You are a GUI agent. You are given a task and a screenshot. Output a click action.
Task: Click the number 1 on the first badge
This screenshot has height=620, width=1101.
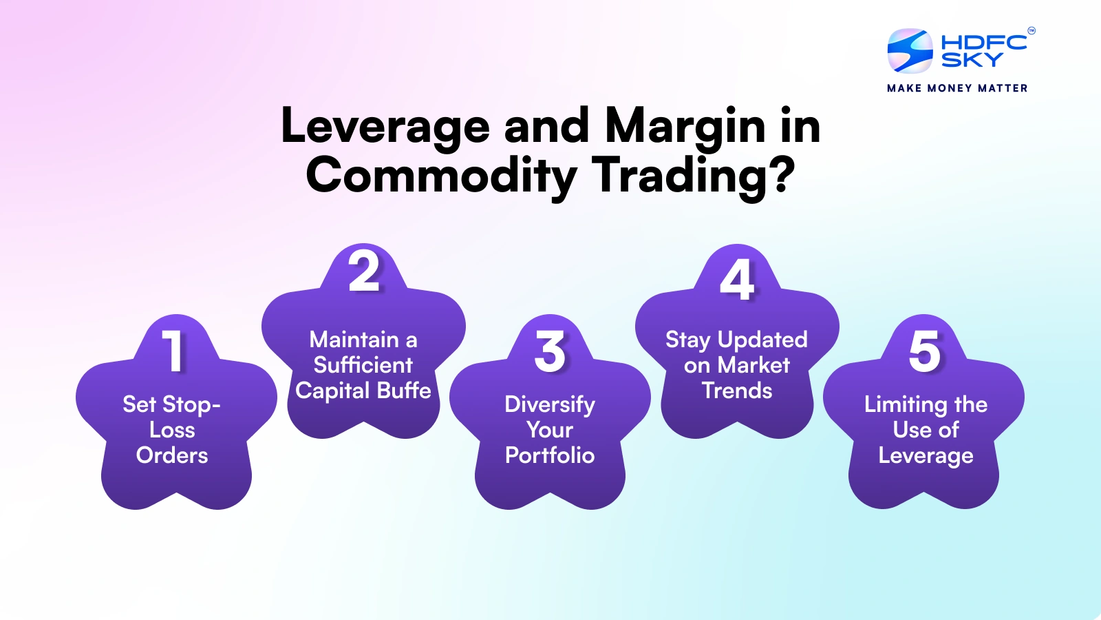pos(173,351)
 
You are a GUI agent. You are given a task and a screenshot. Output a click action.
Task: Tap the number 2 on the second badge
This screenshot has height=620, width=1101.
pos(363,271)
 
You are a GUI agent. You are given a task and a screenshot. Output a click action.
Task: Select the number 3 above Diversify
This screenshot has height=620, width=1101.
pos(550,351)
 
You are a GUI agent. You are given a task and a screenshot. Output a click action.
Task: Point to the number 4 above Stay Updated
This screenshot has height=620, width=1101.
pos(737,280)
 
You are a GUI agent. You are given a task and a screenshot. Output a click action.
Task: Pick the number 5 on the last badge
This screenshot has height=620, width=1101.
pos(924,351)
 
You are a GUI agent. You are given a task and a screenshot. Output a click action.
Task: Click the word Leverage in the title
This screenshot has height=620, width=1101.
pos(385,127)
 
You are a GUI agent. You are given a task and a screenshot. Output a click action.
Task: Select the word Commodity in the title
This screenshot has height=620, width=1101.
pos(441,176)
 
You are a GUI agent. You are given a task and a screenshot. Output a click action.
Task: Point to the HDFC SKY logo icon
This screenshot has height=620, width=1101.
pos(910,51)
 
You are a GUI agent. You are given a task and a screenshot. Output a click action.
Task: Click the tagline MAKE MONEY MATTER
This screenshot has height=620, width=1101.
pos(957,88)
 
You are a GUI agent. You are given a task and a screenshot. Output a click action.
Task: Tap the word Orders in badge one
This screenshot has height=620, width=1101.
pos(172,455)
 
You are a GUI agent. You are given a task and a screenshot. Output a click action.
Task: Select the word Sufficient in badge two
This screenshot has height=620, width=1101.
pos(363,365)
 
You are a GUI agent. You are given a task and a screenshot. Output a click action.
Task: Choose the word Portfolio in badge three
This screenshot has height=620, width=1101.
pos(550,455)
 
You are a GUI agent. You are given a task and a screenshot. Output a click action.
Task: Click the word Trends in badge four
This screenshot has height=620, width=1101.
pos(737,391)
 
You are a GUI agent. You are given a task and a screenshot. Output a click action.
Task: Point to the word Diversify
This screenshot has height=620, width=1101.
pos(550,404)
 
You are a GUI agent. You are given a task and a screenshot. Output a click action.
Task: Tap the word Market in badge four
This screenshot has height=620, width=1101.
pos(753,365)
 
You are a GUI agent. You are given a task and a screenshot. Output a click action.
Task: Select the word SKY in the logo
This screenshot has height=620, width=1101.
pos(972,60)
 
